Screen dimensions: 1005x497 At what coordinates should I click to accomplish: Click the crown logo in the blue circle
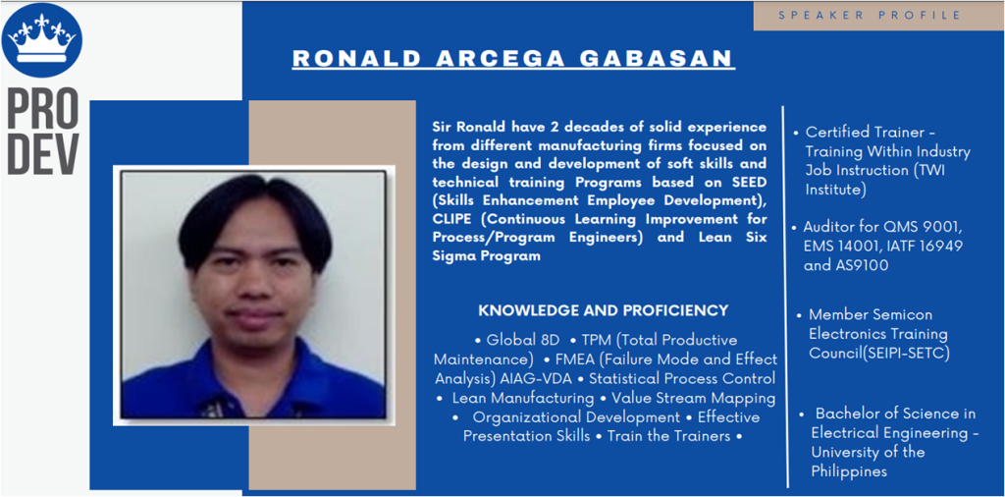click(x=42, y=39)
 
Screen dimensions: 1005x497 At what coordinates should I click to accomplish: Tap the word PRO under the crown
click(x=42, y=104)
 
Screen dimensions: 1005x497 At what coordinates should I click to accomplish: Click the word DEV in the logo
click(x=42, y=154)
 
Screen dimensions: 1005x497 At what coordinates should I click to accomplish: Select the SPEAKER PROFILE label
click(x=870, y=15)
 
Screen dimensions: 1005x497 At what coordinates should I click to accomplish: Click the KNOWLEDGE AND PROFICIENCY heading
click(x=604, y=310)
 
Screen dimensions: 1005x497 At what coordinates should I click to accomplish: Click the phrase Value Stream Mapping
click(x=694, y=398)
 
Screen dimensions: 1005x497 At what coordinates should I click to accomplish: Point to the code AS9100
click(x=860, y=265)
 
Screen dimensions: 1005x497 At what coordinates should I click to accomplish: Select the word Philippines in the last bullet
click(x=849, y=471)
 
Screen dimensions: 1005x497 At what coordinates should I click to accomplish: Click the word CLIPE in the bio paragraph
click(x=453, y=219)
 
